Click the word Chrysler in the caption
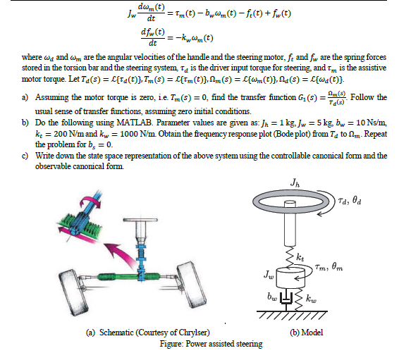tap(192, 332)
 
